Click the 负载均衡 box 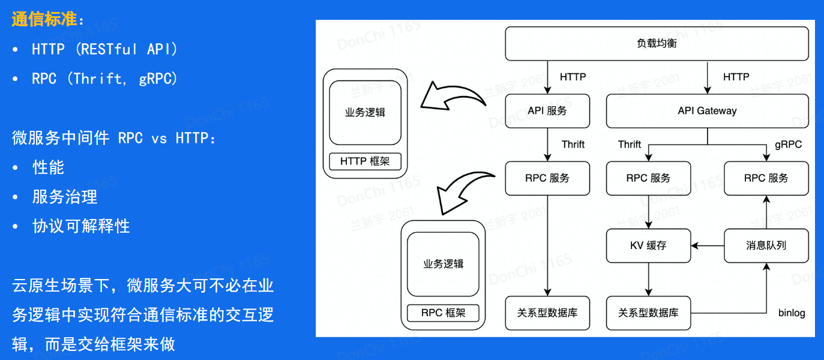[657, 43]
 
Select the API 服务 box [547, 110]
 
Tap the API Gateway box [707, 110]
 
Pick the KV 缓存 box [648, 245]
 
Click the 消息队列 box [766, 245]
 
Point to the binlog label [792, 313]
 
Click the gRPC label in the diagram [788, 145]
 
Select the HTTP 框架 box [365, 161]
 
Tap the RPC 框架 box [443, 313]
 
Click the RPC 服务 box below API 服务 [547, 178]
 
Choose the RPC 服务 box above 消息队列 [766, 178]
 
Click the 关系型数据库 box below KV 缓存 [648, 313]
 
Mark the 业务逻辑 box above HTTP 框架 [365, 113]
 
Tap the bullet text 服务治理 [65, 197]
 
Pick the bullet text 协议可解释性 [81, 226]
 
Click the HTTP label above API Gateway [736, 77]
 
